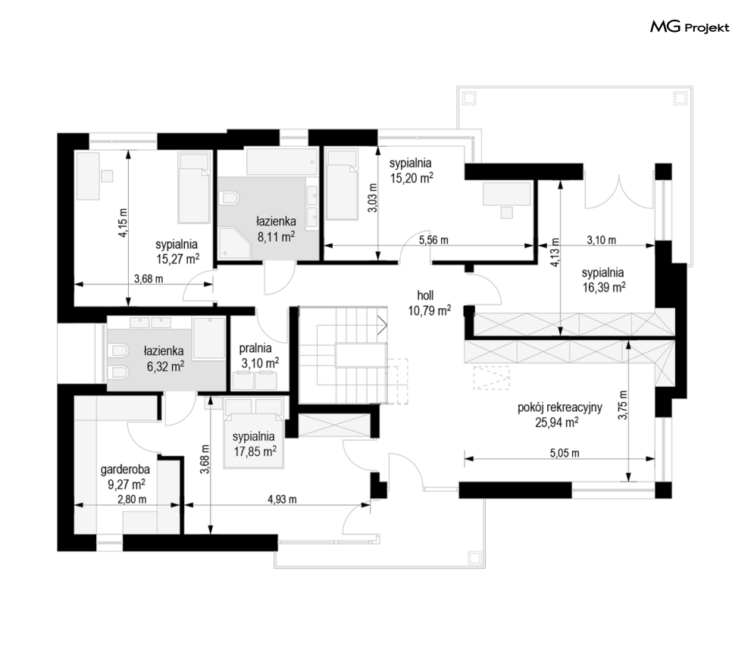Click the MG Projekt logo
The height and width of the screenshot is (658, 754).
pos(690,27)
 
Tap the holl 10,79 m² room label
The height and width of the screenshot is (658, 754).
pos(430,304)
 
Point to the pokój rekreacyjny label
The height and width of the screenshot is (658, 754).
pos(560,407)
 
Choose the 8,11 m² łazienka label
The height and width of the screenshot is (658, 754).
pos(276,229)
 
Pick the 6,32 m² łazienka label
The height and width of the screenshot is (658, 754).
pos(164,359)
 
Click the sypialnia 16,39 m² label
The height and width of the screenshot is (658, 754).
pos(603,280)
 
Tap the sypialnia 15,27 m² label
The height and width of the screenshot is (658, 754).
pos(177,252)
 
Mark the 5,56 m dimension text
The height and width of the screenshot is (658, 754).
pos(433,239)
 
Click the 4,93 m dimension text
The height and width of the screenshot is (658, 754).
pos(282,499)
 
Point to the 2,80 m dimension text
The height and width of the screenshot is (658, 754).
pos(132,499)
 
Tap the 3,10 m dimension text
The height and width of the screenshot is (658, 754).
pos(601,239)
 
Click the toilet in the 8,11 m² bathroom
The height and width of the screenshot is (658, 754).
pos(228,198)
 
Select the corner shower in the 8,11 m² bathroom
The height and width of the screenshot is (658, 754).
pos(234,243)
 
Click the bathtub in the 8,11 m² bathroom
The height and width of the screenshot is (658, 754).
pos(282,161)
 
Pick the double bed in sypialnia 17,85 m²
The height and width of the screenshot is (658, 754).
pos(254,433)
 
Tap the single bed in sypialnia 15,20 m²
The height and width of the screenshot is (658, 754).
pos(343,184)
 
